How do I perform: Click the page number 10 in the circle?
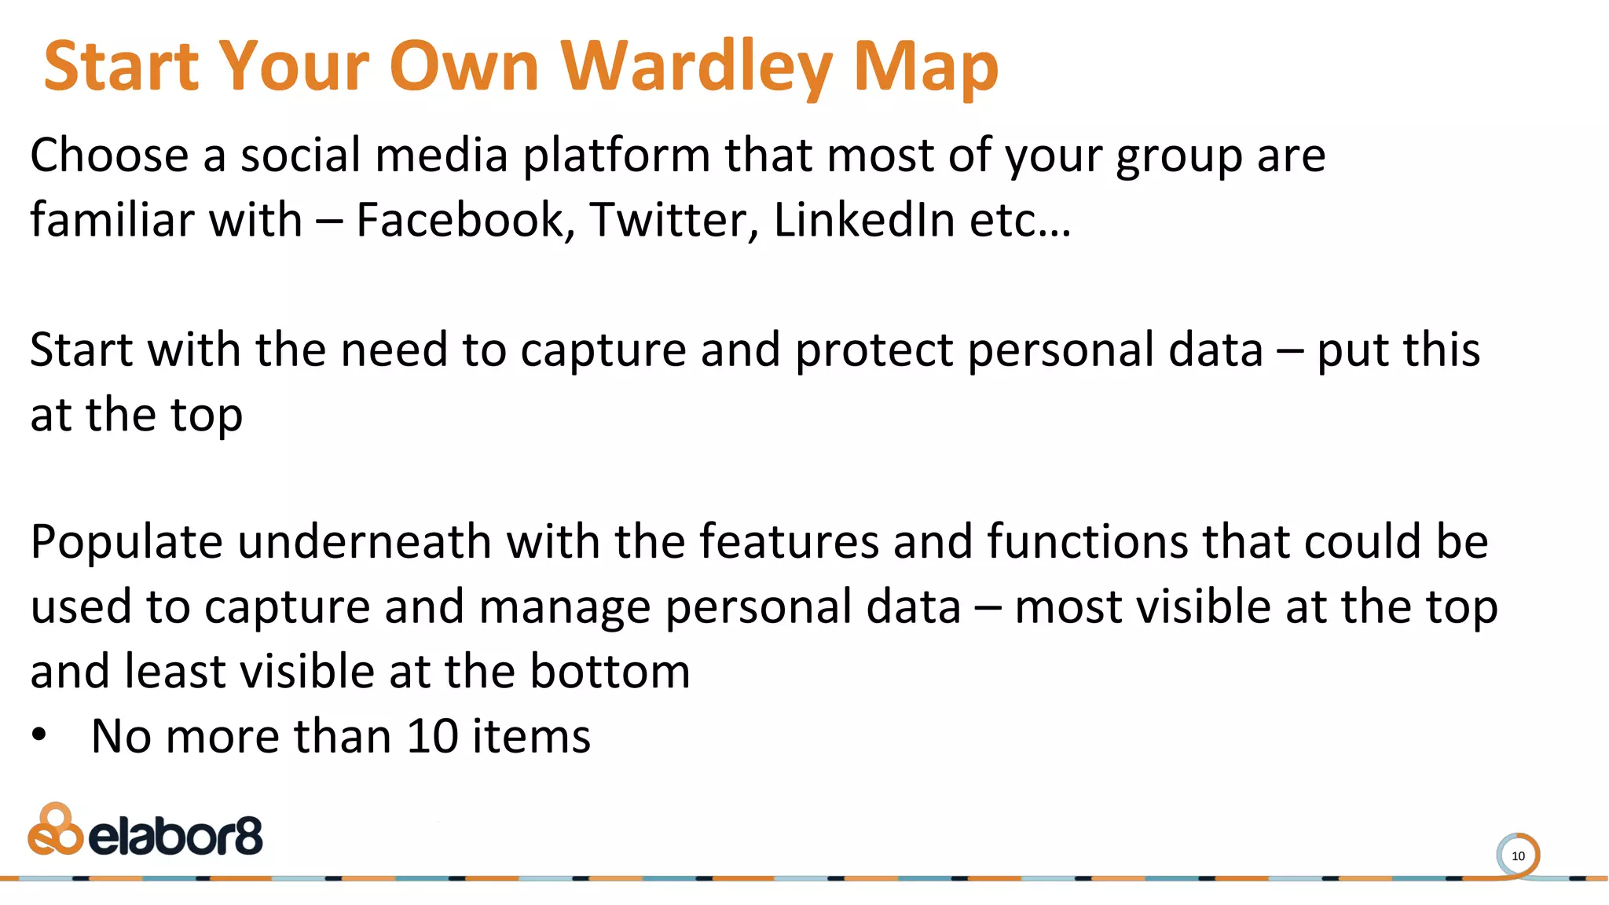pyautogui.click(x=1518, y=856)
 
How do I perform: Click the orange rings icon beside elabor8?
pyautogui.click(x=54, y=830)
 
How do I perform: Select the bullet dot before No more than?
pyautogui.click(x=39, y=736)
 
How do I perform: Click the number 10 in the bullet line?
pyautogui.click(x=432, y=736)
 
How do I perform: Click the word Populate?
pyautogui.click(x=126, y=542)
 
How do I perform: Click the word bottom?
pyautogui.click(x=610, y=672)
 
